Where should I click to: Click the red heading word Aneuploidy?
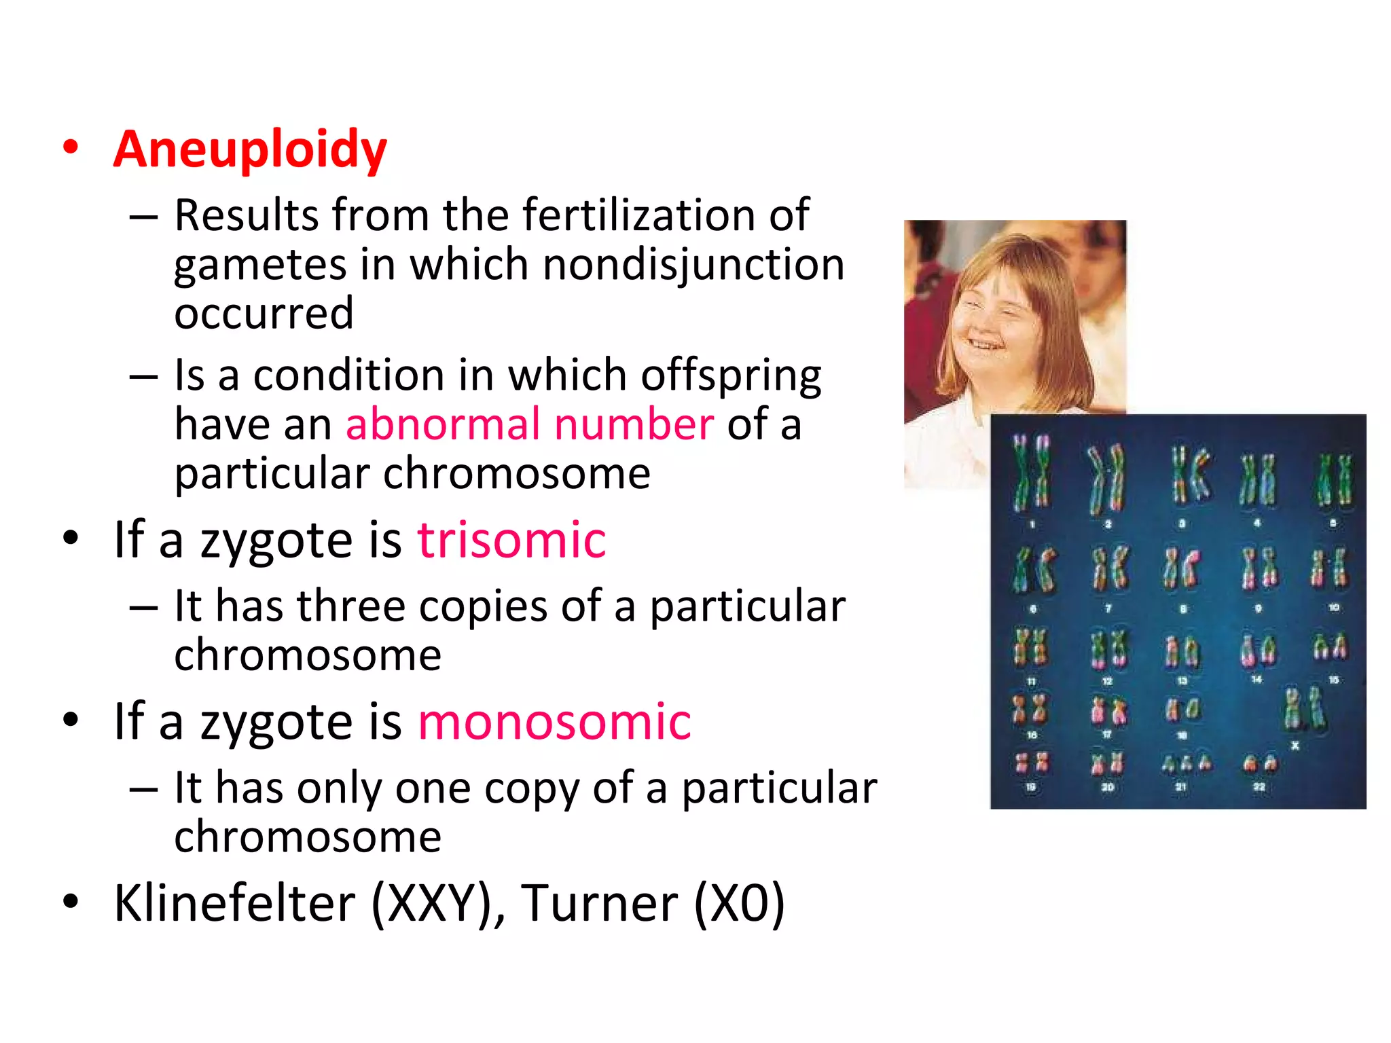pos(250,149)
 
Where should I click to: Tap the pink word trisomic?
pos(511,540)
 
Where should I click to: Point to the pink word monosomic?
pos(554,721)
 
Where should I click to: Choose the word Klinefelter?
pos(234,903)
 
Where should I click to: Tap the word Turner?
pos(600,903)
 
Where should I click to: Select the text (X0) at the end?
pos(739,903)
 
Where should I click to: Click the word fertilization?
pos(638,215)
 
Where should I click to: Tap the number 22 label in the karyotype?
pos(1259,787)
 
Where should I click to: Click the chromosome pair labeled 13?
pos(1182,651)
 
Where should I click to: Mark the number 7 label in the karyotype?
pos(1108,608)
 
